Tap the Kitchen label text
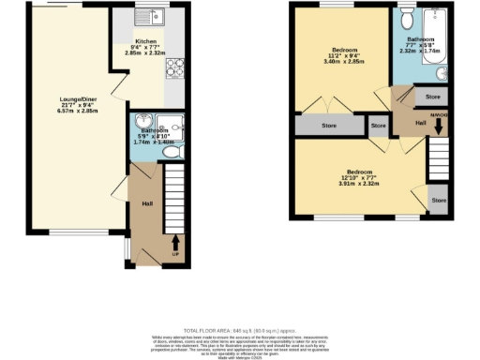point(145,42)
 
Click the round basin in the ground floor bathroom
point(142,123)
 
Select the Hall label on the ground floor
point(147,203)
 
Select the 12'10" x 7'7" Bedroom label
point(360,172)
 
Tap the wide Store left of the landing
point(327,125)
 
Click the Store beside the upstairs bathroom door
point(432,97)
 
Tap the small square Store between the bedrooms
point(377,125)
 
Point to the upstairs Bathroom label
point(419,40)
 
